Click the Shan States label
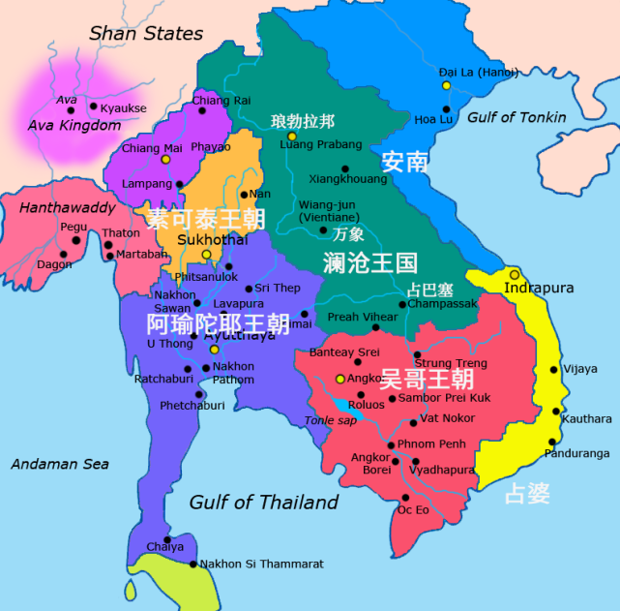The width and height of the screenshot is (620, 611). pyautogui.click(x=146, y=34)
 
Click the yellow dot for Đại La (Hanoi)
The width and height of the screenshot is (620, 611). pyautogui.click(x=447, y=85)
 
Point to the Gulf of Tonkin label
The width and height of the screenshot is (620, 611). pyautogui.click(x=517, y=117)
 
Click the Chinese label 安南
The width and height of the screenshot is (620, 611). pyautogui.click(x=404, y=161)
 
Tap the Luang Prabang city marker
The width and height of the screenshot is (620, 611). pyautogui.click(x=292, y=137)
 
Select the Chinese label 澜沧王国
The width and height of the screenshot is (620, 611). pyautogui.click(x=369, y=262)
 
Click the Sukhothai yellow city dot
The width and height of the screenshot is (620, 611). pyautogui.click(x=206, y=255)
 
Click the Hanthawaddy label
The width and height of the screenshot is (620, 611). pyautogui.click(x=68, y=207)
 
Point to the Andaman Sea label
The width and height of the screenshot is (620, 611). pyautogui.click(x=60, y=464)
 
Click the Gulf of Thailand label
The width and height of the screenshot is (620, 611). pyautogui.click(x=264, y=502)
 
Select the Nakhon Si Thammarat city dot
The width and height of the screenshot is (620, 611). pyautogui.click(x=193, y=564)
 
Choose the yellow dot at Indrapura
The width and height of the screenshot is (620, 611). pyautogui.click(x=515, y=274)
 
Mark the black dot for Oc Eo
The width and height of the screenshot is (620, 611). pyautogui.click(x=404, y=498)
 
